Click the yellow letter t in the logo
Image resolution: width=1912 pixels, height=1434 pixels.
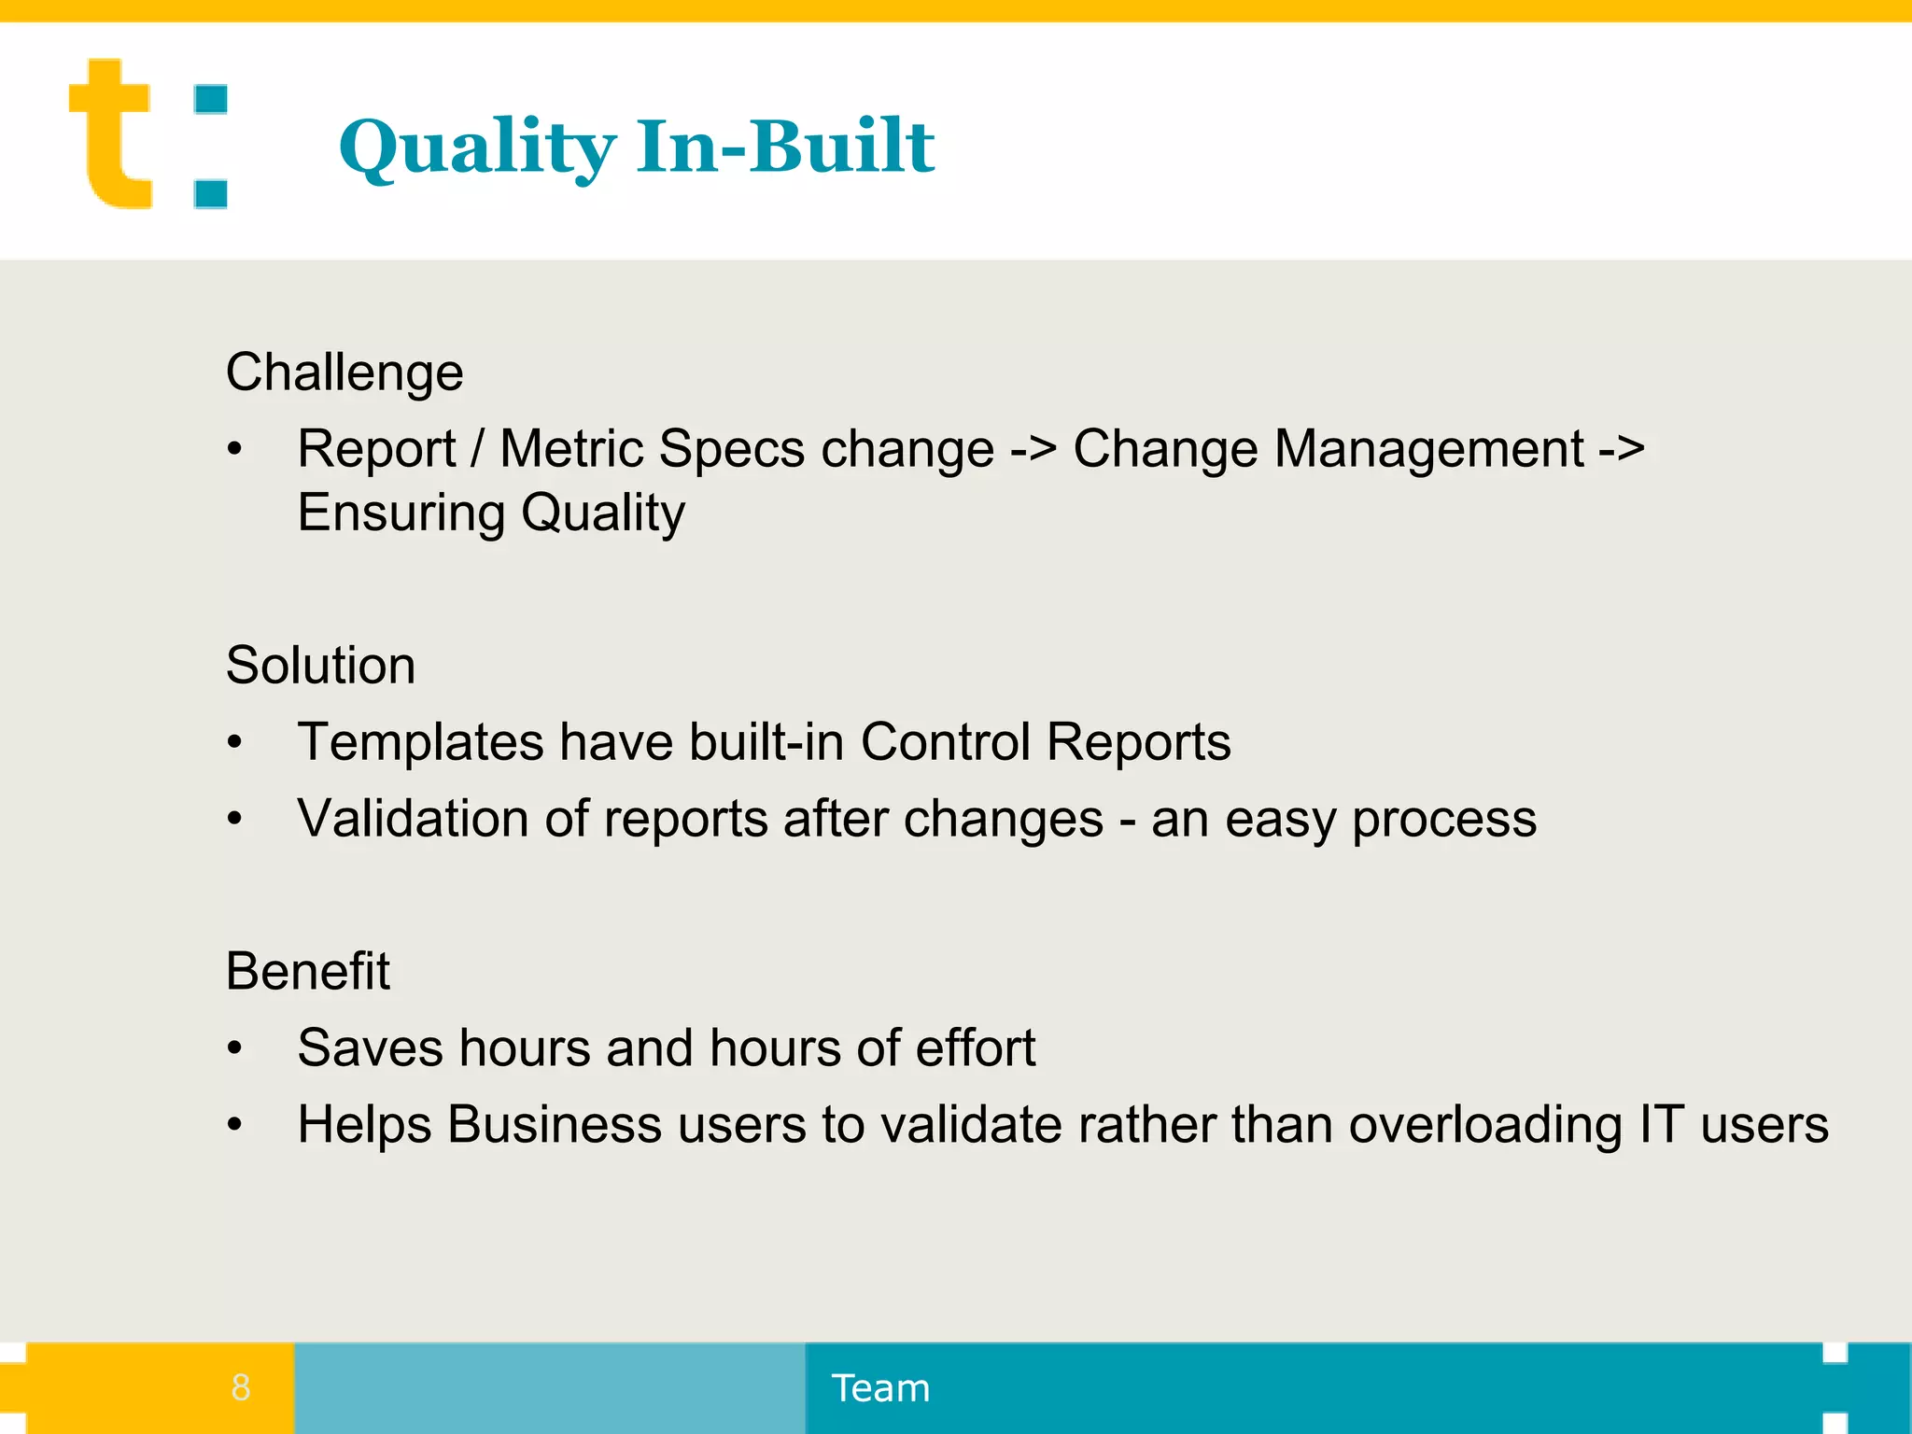point(110,135)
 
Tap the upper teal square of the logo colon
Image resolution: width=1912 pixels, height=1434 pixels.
point(211,100)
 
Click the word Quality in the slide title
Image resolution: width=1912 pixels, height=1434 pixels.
point(476,148)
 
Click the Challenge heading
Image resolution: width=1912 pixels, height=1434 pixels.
point(344,373)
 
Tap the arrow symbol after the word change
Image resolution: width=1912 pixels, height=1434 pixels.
point(1033,449)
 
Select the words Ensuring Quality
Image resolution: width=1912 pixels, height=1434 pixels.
point(491,513)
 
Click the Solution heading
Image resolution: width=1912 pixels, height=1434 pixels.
point(320,666)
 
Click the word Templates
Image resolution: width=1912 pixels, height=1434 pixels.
point(420,742)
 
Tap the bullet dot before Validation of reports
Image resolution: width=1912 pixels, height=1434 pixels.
point(235,820)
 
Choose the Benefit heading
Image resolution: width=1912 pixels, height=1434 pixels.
point(307,971)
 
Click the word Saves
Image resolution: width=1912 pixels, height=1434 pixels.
point(370,1047)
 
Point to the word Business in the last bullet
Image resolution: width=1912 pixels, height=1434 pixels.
point(555,1124)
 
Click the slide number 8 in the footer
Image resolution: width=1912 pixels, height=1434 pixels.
point(241,1387)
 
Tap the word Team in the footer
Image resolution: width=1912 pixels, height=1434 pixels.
point(880,1388)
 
